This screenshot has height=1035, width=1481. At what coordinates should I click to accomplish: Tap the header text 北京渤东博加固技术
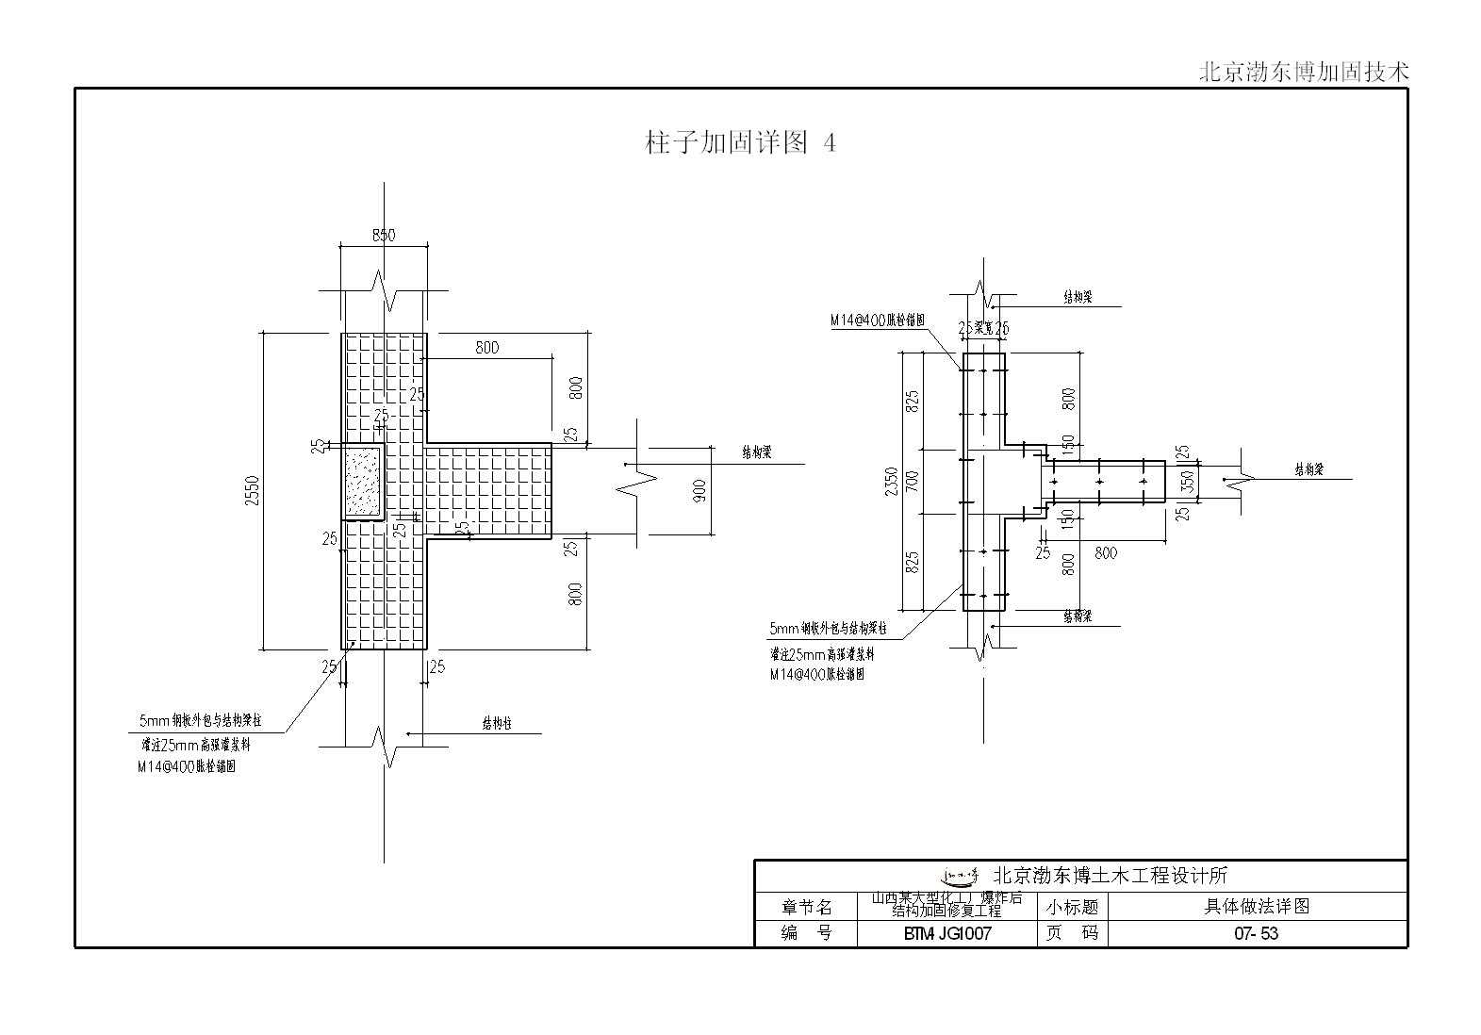1303,73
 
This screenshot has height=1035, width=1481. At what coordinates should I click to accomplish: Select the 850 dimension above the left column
384,236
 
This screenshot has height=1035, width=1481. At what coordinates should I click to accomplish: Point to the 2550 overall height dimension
252,491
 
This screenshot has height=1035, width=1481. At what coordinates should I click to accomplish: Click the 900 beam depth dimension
699,491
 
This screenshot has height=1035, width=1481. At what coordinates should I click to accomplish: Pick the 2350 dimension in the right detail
892,482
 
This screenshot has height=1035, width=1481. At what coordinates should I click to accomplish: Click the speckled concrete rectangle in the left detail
363,482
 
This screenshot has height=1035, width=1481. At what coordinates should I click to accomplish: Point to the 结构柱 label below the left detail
497,724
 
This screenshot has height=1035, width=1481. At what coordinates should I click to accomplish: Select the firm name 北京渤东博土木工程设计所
1111,877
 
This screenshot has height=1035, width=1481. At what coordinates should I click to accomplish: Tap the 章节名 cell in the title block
806,907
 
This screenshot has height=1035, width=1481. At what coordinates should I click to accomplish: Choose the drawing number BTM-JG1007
946,934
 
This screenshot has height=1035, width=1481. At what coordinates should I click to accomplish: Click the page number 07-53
1256,934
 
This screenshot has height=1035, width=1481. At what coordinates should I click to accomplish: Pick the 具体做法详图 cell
1257,907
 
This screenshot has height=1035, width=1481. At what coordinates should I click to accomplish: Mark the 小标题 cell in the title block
1074,907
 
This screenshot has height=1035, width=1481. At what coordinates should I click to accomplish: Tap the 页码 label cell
1074,934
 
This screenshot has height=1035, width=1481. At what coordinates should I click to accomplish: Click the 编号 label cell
806,934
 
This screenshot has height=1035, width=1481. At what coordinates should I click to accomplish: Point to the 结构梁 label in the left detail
756,453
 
